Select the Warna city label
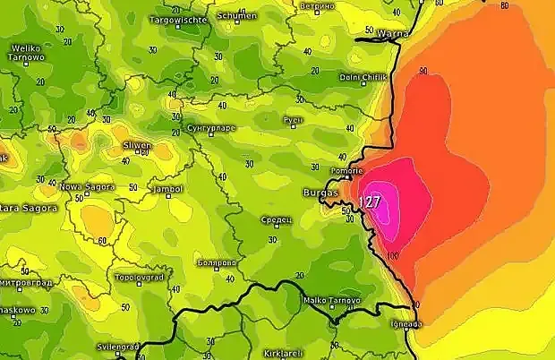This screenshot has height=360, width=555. click(394, 34)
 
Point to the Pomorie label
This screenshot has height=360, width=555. click(346, 169)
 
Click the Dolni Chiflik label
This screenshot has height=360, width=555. click(362, 77)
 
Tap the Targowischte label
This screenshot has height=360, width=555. click(178, 19)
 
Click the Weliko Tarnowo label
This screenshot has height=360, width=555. click(27, 52)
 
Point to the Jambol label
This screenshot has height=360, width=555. click(167, 189)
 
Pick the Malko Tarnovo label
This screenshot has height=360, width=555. click(331, 301)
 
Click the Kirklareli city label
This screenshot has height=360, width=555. click(285, 353)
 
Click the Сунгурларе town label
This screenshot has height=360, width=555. click(212, 129)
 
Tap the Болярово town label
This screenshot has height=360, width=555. click(216, 262)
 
